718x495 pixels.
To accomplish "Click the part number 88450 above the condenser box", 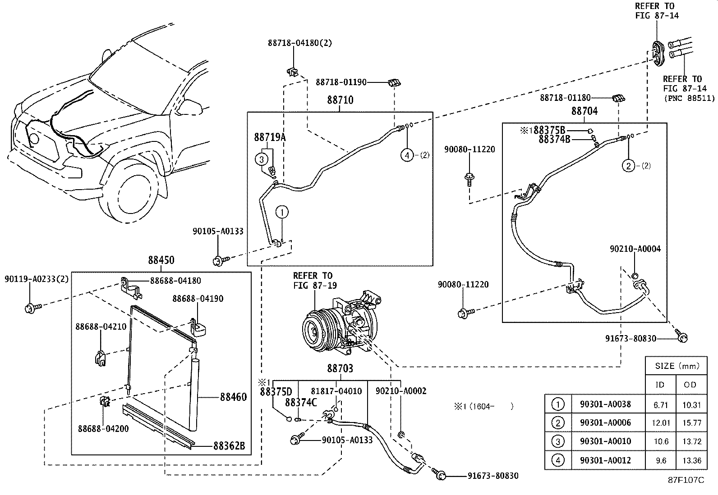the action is click(x=161, y=260).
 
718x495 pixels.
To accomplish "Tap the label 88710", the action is click(x=340, y=100).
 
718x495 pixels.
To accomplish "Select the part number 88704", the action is click(x=585, y=111).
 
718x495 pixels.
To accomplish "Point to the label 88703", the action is click(x=340, y=368).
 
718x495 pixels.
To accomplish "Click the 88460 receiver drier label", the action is click(x=233, y=397).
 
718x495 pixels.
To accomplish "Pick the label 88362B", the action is click(x=229, y=446).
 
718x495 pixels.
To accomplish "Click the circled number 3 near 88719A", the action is click(x=261, y=159).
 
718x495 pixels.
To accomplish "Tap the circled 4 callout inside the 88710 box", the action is click(x=407, y=155).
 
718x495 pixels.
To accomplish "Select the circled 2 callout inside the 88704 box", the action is click(x=628, y=166).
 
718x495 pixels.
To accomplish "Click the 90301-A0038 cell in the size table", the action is click(x=606, y=404).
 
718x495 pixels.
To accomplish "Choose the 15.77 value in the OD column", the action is click(x=692, y=423).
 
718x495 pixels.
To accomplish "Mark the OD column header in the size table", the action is click(x=690, y=385).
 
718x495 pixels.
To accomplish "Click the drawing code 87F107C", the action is click(x=686, y=480).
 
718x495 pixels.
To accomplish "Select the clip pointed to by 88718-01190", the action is click(x=394, y=83).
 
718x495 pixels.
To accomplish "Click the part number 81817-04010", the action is click(x=336, y=391).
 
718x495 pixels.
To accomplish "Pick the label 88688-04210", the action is click(x=101, y=327).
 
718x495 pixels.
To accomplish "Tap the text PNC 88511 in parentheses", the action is click(x=690, y=98).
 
